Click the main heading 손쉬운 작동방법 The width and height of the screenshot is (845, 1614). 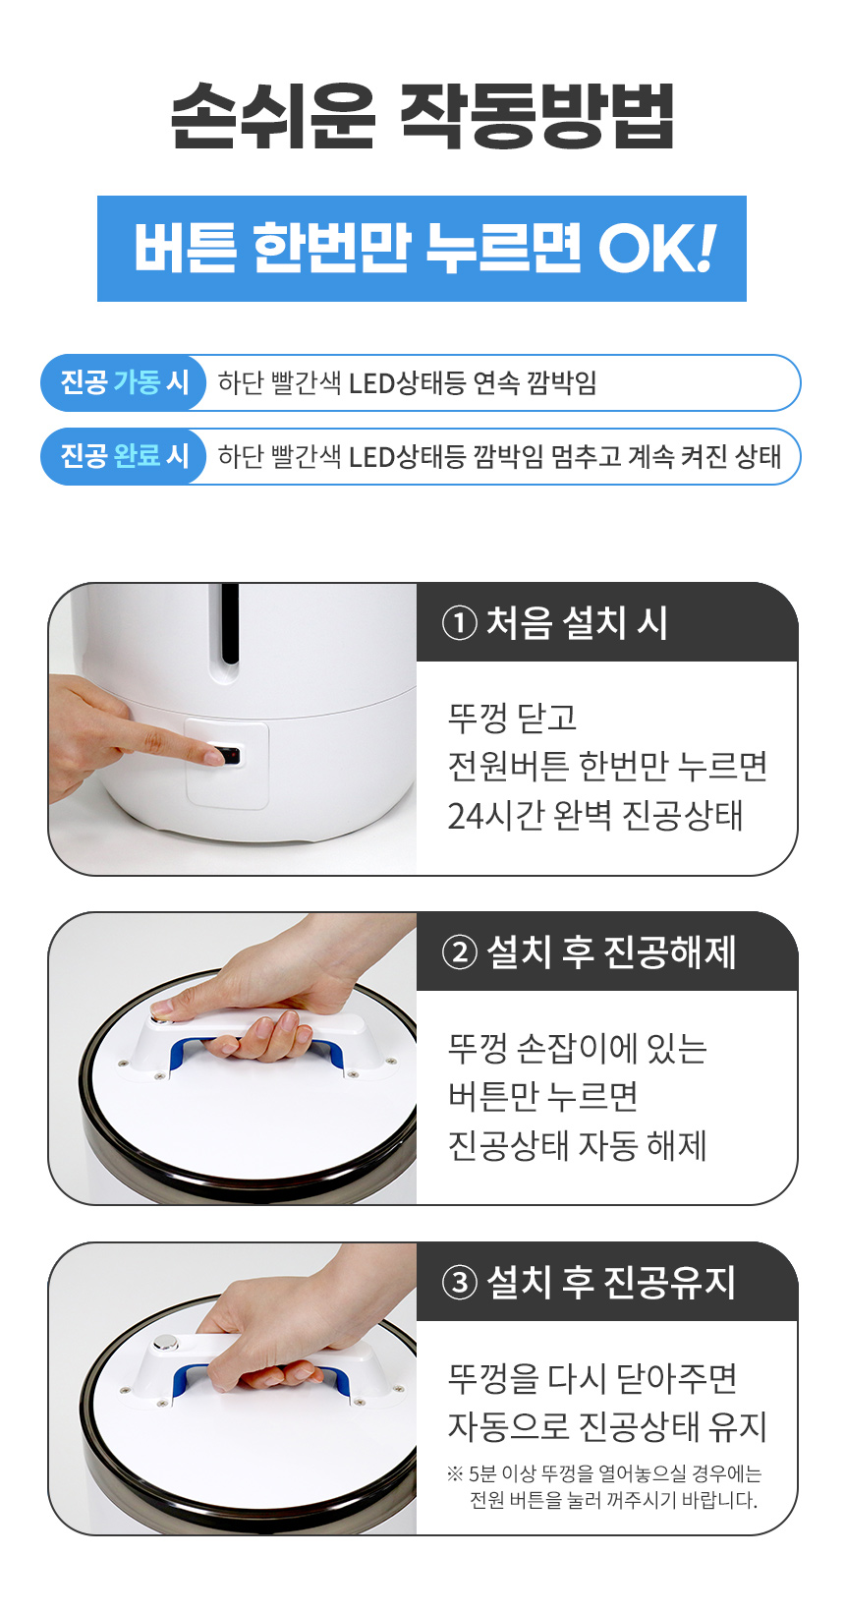pyautogui.click(x=422, y=115)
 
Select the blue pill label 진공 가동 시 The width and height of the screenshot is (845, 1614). pyautogui.click(x=124, y=382)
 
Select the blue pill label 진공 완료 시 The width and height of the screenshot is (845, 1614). pyautogui.click(x=124, y=456)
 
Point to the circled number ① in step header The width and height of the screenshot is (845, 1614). pyautogui.click(x=460, y=623)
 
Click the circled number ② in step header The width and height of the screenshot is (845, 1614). pyautogui.click(x=460, y=952)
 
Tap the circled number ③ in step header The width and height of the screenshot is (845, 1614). pyautogui.click(x=460, y=1283)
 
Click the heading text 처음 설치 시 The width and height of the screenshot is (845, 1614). pyautogui.click(x=577, y=622)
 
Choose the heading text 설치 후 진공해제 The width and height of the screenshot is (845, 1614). pyautogui.click(x=611, y=951)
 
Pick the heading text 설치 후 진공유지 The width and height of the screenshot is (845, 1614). pyautogui.click(x=611, y=1282)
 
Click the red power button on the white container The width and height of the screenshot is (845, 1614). pyautogui.click(x=232, y=755)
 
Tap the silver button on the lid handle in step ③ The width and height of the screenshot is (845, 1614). pyautogui.click(x=166, y=1343)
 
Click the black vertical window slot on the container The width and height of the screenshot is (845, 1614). pyautogui.click(x=230, y=623)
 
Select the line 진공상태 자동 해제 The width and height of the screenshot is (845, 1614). pyautogui.click(x=577, y=1146)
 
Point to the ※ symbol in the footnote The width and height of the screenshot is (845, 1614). pyautogui.click(x=455, y=1473)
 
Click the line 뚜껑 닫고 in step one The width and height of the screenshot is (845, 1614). pyautogui.click(x=512, y=719)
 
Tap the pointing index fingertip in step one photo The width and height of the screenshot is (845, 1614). pyautogui.click(x=214, y=757)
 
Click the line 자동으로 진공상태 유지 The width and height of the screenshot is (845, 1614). pyautogui.click(x=607, y=1426)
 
